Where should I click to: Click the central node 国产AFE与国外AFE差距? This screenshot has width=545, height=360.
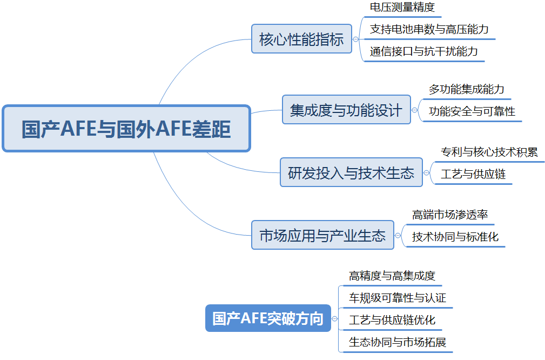point(126,129)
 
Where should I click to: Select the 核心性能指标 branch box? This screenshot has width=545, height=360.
point(301,39)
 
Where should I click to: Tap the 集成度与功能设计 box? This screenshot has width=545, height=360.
point(346,110)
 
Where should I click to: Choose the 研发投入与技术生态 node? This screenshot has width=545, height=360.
point(351,172)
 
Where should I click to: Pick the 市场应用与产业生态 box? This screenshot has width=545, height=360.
point(322,235)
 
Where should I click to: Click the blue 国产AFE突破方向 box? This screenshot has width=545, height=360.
point(268,318)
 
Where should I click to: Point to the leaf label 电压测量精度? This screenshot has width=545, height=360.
point(402,7)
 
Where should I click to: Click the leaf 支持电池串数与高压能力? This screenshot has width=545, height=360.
point(429,29)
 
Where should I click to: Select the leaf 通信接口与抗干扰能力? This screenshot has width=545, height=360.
point(423,51)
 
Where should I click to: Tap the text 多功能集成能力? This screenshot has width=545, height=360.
point(466,89)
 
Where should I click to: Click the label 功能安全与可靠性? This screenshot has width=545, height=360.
point(472,111)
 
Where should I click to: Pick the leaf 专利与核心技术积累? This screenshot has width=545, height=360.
point(489,152)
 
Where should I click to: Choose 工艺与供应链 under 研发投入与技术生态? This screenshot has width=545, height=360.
point(473,174)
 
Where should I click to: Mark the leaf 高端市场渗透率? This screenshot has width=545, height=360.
point(450,215)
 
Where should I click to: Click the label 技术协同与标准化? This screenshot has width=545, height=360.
point(455,237)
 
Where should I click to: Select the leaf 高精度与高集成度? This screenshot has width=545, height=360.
point(392,276)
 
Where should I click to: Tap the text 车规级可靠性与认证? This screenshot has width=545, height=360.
point(398,298)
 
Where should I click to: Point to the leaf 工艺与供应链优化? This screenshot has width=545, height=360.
point(392,320)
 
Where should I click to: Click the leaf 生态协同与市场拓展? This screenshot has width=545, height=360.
point(398,342)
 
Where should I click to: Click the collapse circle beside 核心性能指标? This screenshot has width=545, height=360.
point(355,39)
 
